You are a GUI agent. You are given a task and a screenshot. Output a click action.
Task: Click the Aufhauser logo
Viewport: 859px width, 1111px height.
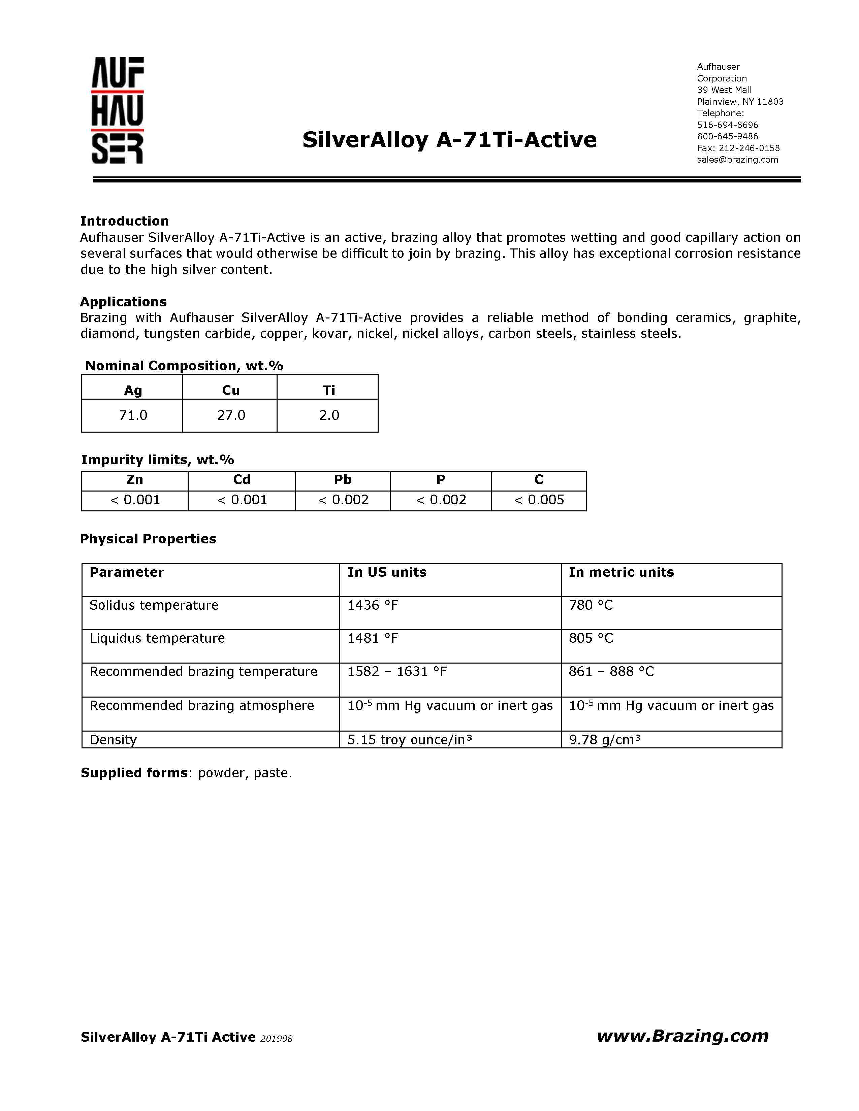[118, 110]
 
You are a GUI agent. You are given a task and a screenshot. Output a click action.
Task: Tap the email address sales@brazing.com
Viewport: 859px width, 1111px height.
[737, 160]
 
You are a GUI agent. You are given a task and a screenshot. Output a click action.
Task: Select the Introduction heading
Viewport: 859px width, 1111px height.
[124, 221]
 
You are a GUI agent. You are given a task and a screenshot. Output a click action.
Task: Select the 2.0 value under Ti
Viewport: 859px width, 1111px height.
[329, 415]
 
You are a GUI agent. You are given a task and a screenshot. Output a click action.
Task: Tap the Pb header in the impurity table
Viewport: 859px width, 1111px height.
[343, 480]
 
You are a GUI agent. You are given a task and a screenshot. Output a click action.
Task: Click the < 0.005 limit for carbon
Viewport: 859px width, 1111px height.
[539, 500]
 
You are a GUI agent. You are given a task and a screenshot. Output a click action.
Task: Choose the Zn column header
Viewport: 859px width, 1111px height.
[134, 480]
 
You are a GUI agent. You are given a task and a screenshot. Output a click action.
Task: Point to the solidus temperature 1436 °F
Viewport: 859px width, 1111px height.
[373, 605]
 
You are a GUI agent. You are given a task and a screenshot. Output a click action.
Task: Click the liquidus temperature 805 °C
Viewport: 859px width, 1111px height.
[591, 638]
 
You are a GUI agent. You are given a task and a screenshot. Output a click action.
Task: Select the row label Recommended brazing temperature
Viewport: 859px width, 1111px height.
[203, 672]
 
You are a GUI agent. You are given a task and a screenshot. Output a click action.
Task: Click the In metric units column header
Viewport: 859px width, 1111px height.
[621, 572]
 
